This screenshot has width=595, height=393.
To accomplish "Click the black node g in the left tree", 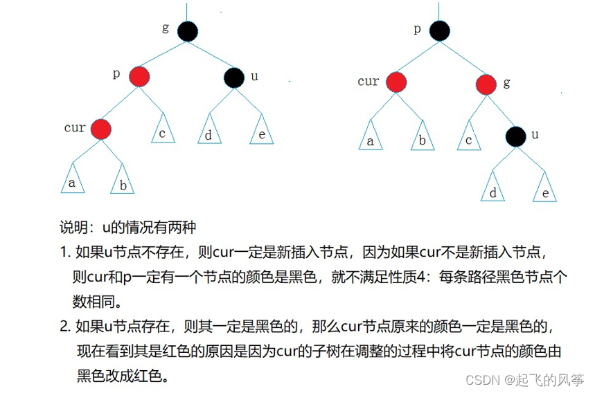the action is tap(187, 31).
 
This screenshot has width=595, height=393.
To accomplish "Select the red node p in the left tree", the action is tap(139, 77).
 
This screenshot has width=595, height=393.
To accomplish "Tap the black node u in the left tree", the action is tap(234, 77).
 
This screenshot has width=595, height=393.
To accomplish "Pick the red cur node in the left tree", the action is tap(100, 129).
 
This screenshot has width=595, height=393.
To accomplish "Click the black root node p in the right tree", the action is tap(438, 31).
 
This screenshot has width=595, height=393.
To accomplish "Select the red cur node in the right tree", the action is tap(396, 82).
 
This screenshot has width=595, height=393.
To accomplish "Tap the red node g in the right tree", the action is tap(487, 84).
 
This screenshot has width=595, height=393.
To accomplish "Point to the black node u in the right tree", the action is tap(514, 136).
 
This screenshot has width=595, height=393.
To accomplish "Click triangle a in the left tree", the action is tap(73, 181).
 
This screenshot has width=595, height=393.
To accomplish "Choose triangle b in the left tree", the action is tap(123, 183).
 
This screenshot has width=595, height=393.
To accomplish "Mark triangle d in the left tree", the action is tap(208, 133).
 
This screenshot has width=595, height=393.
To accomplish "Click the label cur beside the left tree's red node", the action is tap(75, 128).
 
